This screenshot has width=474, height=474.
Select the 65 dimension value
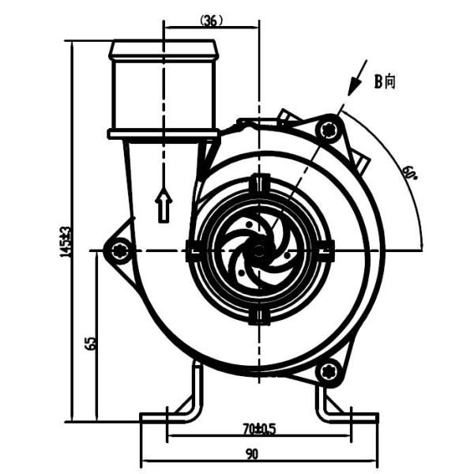coord(90,343)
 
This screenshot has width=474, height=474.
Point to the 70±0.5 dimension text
coord(258,430)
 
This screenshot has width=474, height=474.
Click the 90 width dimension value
coord(252,454)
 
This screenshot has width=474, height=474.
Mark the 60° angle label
coord(409,173)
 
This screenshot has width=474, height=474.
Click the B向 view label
coord(385,81)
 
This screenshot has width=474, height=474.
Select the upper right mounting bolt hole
coord(331,128)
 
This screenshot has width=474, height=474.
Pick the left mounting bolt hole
coord(120,251)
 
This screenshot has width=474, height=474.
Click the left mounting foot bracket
coord(178,403)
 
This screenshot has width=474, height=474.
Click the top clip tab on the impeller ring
coord(258,184)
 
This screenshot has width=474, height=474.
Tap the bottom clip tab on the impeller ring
coord(258,317)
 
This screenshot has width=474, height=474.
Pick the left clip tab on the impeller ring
coord(193,251)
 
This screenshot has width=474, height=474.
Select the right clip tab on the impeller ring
coord(325,251)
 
